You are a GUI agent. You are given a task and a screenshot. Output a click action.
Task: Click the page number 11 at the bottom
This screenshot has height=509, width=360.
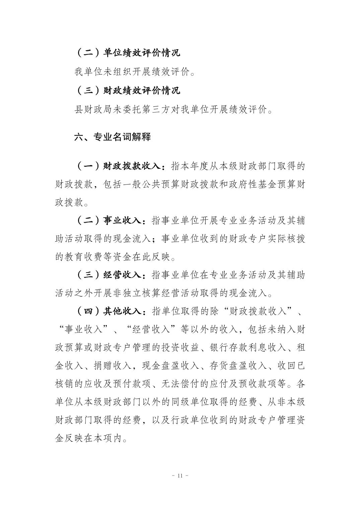[180, 476]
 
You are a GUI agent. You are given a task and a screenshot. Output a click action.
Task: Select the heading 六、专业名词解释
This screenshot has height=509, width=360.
[112, 137]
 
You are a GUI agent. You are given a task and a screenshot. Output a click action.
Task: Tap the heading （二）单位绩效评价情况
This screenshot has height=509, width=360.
[127, 53]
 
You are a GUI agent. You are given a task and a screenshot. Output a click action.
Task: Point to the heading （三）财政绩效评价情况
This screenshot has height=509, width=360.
[127, 90]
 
